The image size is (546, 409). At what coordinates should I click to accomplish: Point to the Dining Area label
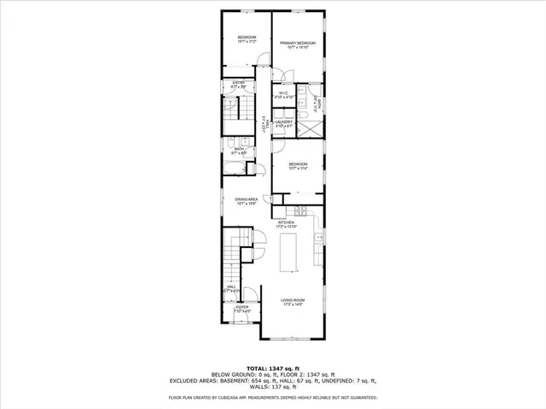247,201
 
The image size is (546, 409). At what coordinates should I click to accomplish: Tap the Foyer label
242,308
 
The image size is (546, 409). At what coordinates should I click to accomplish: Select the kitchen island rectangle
288,253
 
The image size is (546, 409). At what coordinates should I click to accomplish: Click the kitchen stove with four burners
300,210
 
